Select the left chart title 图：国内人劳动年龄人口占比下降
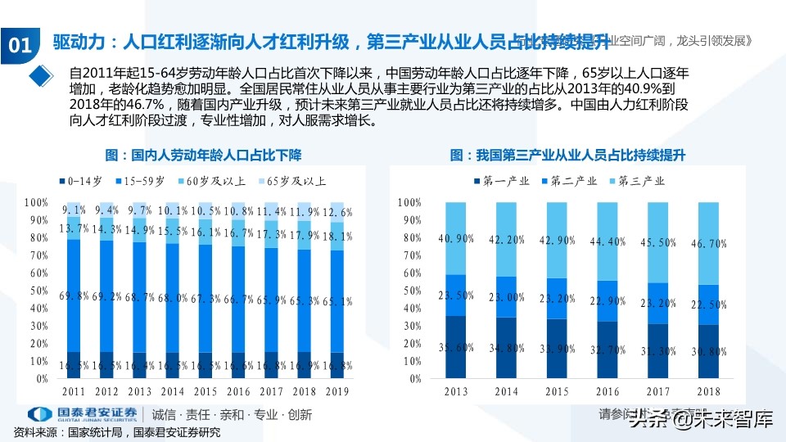pyautogui.click(x=203, y=154)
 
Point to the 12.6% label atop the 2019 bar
pyautogui.click(x=337, y=212)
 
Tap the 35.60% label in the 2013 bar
pyautogui.click(x=456, y=348)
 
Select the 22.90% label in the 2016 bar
pyautogui.click(x=607, y=302)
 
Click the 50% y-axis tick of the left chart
pyautogui.click(x=36, y=290)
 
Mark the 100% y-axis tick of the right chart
pyautogui.click(x=409, y=201)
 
